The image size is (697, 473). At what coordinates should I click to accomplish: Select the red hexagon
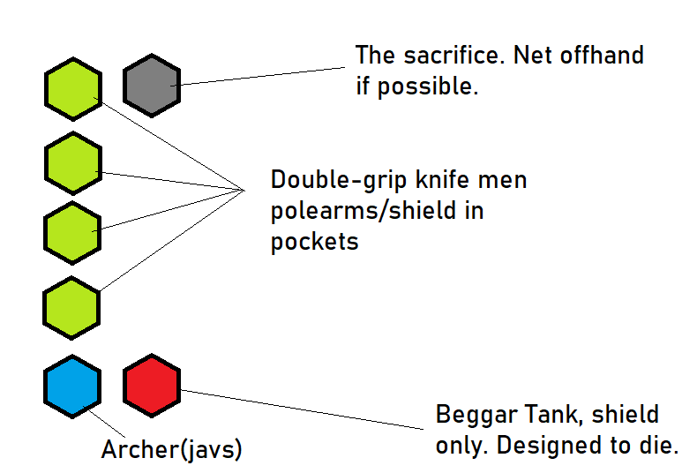151,386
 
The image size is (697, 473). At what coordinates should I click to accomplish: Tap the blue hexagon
71,386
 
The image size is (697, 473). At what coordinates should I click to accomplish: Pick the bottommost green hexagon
71,308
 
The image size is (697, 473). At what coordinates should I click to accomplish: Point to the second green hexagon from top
71,162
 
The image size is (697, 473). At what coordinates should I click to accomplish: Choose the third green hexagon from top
71,232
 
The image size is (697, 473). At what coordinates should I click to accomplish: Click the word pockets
314,241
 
